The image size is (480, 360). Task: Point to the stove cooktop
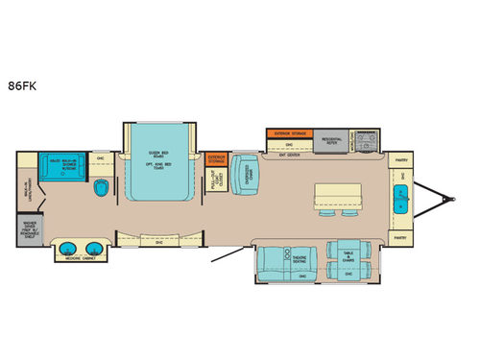[x=367, y=142]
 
